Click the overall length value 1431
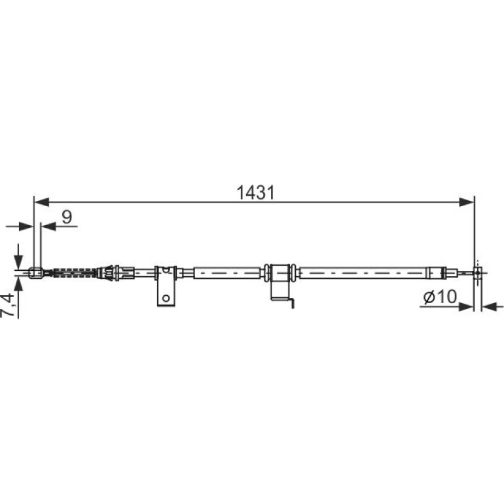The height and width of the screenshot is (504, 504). tap(255, 193)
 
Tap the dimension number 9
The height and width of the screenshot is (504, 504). tap(67, 217)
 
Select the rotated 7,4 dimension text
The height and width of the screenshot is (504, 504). tap(8, 305)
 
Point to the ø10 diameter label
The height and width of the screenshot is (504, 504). tap(440, 297)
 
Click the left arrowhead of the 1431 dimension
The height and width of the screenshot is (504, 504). tap(41, 202)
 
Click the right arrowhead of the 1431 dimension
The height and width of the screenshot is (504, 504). tap(467, 202)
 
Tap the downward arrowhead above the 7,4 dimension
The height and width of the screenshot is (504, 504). tap(18, 261)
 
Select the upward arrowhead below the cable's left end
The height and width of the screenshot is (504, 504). tap(18, 285)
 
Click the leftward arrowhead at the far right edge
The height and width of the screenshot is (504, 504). tap(490, 306)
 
